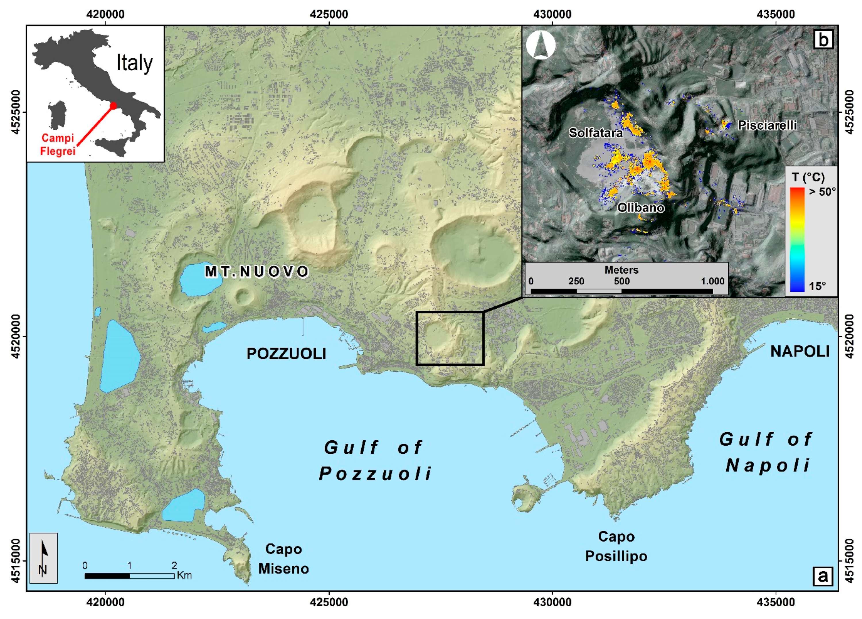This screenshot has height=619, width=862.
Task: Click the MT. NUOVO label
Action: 257,272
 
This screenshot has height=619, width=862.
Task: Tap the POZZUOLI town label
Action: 286,354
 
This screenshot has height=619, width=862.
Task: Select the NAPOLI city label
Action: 800,351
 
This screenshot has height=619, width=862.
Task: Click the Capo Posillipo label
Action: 616,546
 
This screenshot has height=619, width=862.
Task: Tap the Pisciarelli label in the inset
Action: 767,125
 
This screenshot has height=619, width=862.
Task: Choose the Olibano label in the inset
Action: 640,208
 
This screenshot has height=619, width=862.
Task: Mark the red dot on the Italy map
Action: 113,105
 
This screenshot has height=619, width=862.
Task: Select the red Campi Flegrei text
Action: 58,145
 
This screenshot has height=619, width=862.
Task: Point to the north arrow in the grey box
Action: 43,558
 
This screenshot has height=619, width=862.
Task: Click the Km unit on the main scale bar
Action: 184,575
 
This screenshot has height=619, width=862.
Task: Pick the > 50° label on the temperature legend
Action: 822,192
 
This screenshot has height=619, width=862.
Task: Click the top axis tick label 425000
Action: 329,14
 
